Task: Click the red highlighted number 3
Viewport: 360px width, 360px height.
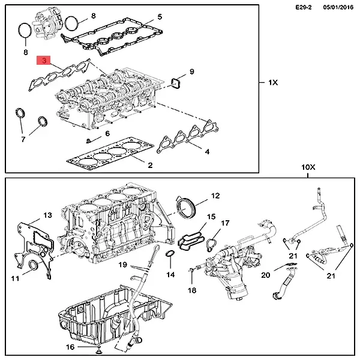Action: (x=44, y=61)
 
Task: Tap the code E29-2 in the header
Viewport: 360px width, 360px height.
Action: (x=305, y=7)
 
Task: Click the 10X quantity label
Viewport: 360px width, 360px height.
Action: (x=307, y=170)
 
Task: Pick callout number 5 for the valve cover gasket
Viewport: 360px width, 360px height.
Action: (x=159, y=17)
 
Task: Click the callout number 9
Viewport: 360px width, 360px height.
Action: (x=191, y=72)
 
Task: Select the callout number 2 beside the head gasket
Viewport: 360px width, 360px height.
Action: (x=150, y=164)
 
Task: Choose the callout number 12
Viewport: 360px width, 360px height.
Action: (x=215, y=195)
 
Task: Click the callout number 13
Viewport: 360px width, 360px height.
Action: (x=47, y=215)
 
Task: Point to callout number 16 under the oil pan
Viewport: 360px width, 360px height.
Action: (x=70, y=347)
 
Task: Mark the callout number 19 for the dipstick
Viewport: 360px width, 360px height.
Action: (x=122, y=265)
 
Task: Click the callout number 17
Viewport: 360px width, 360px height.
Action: (x=225, y=223)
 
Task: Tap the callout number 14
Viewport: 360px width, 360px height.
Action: (x=170, y=275)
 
